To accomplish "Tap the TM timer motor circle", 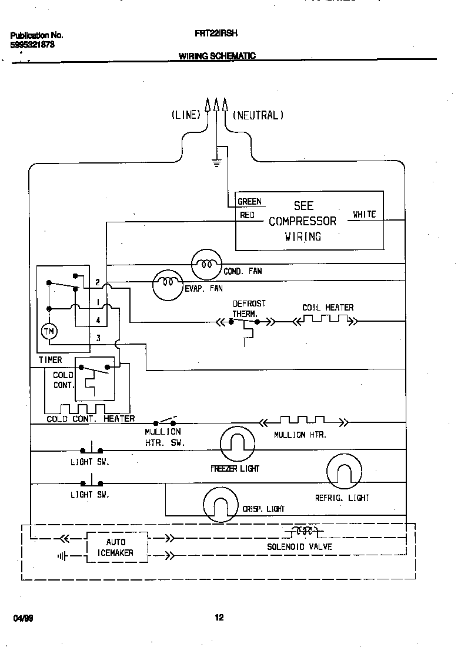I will (x=49, y=332).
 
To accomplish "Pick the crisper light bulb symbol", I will (x=220, y=505).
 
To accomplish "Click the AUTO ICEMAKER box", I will (x=116, y=548).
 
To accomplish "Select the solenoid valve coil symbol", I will (x=303, y=531).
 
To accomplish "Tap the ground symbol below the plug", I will (x=216, y=162).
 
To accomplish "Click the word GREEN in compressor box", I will (x=249, y=202).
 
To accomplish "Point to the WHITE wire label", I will (x=364, y=215).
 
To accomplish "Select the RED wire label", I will (x=248, y=215).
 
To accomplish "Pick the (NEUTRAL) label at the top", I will (x=258, y=115).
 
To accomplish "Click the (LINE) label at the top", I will (x=186, y=115).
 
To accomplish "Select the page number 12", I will (x=219, y=618).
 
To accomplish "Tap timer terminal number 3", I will (x=98, y=338).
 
